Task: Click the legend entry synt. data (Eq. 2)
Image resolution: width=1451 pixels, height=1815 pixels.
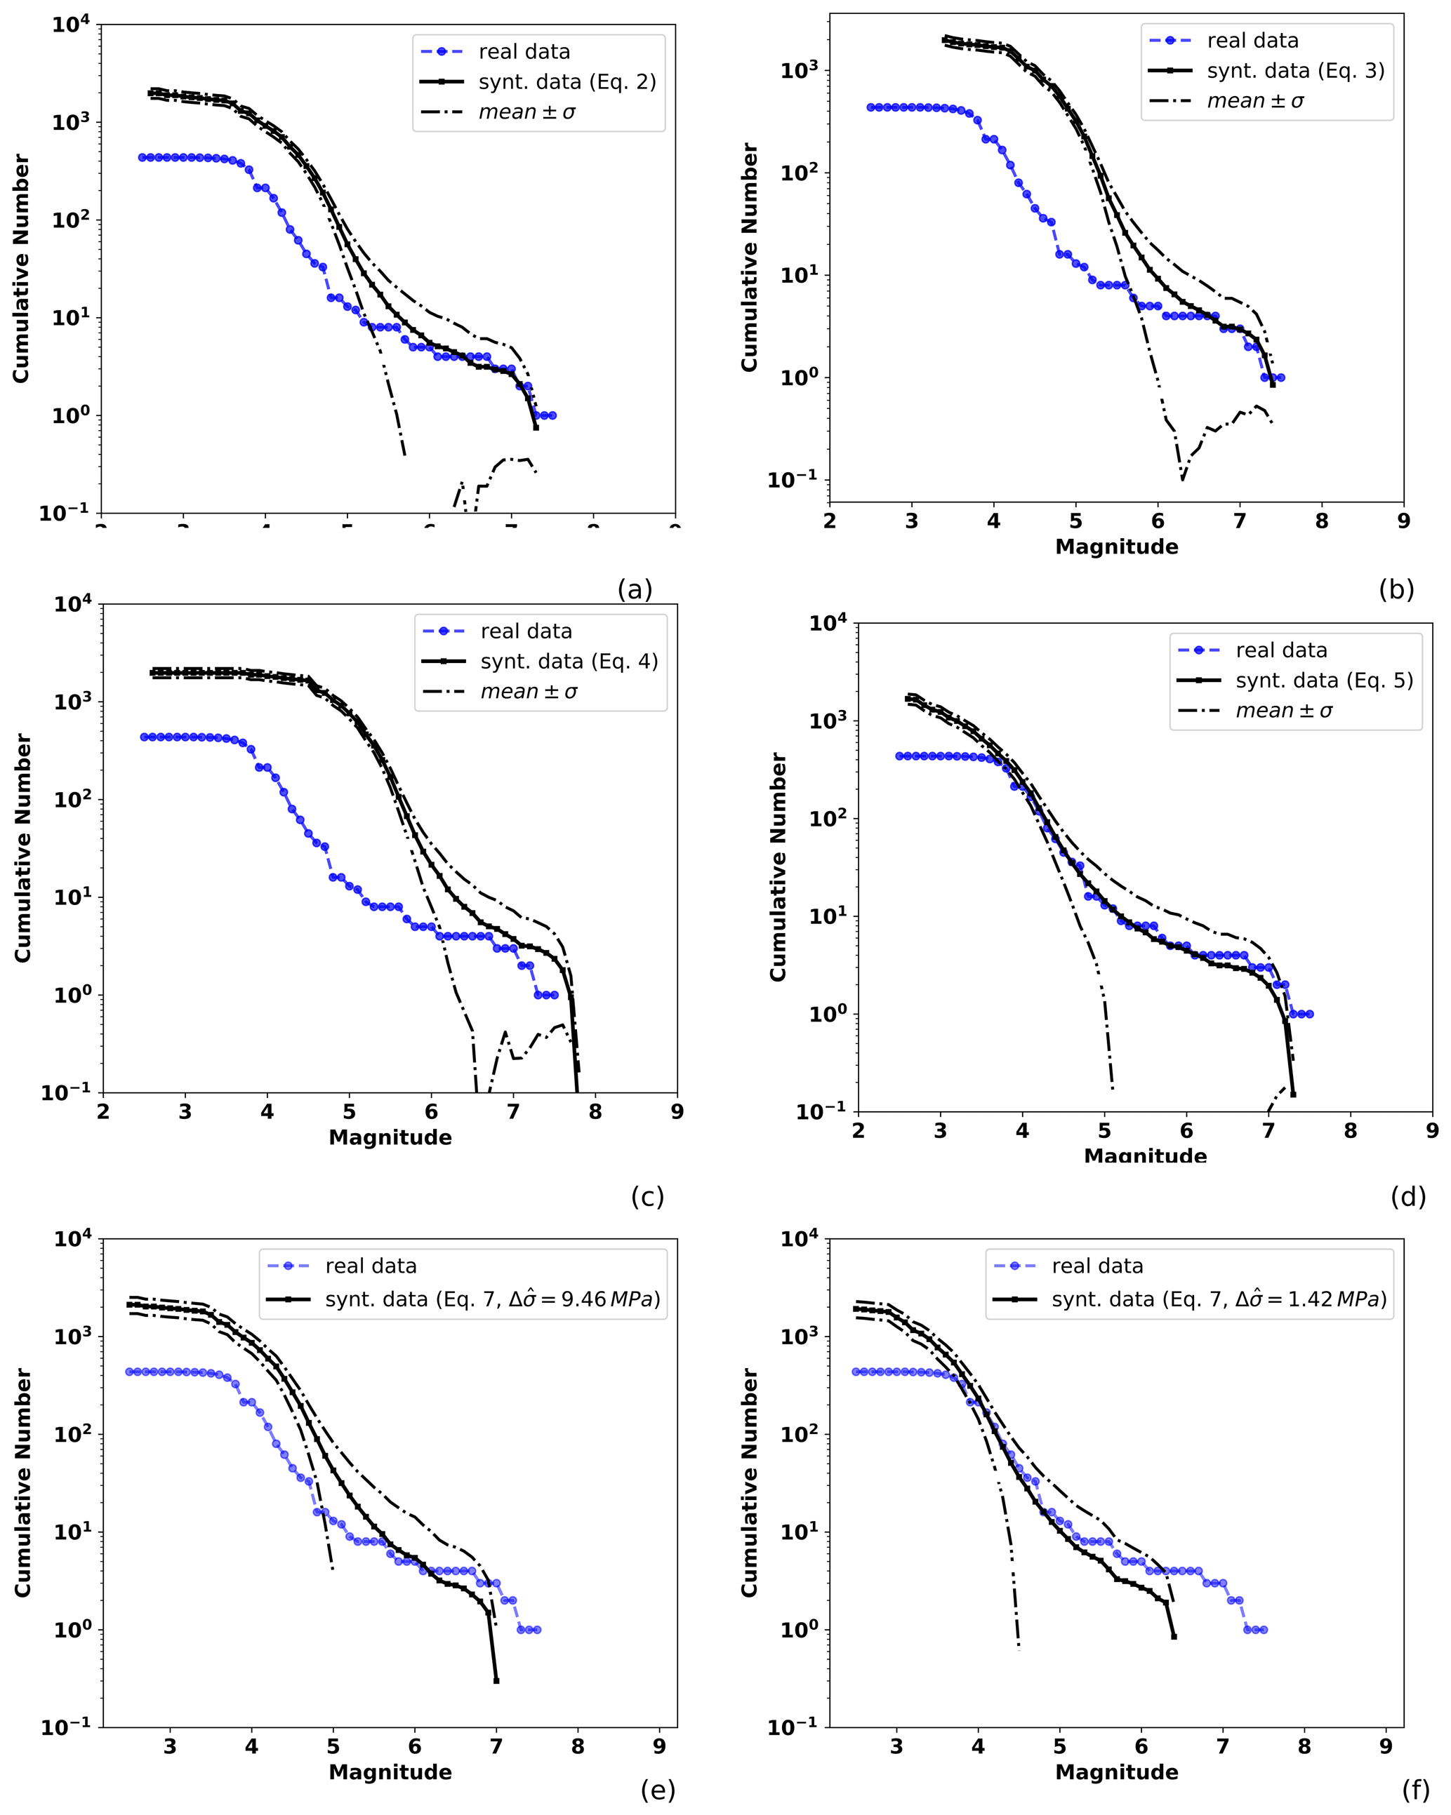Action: [567, 81]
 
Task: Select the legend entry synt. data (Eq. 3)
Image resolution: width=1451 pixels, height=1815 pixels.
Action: [1295, 71]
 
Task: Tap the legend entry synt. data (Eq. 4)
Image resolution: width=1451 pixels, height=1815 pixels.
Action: [569, 662]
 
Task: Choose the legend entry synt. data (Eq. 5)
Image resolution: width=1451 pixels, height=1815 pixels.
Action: [1324, 681]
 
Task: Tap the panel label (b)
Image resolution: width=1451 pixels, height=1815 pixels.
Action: [1396, 589]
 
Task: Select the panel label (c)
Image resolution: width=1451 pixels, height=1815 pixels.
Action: [647, 1196]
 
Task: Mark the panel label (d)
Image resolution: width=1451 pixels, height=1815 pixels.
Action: [1408, 1196]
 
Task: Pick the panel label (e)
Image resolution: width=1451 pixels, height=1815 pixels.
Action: [658, 1790]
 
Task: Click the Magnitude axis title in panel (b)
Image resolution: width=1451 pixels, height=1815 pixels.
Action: [1116, 547]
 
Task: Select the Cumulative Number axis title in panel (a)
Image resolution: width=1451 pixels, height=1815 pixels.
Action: [21, 269]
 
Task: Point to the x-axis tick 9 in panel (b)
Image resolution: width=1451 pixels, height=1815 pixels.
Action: [1403, 521]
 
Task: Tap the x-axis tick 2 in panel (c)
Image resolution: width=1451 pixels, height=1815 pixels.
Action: [102, 1112]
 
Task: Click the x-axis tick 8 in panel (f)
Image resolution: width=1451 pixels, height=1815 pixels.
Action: [1304, 1747]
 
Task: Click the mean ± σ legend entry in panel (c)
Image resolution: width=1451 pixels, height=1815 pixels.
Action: [528, 692]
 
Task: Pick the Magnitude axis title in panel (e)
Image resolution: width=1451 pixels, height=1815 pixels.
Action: [390, 1772]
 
